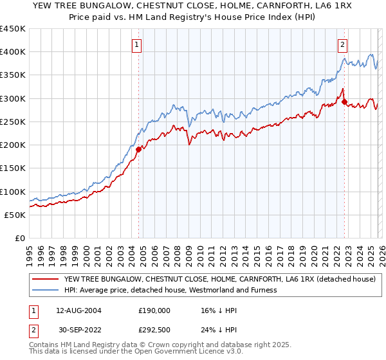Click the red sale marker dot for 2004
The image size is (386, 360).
[138, 149]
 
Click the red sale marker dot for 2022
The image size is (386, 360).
[344, 102]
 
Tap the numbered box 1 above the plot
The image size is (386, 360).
[138, 45]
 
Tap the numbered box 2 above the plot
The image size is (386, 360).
[343, 45]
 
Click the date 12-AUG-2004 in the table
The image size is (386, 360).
[77, 310]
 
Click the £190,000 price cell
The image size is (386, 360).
[154, 310]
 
